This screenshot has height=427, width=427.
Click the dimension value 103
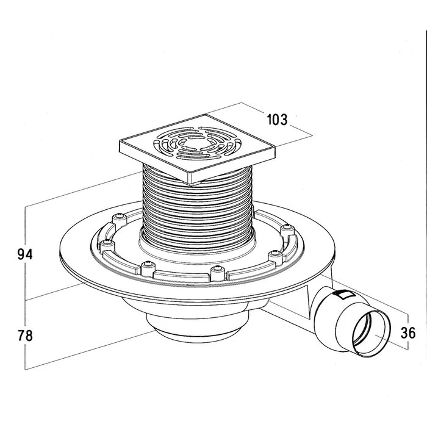click(277, 119)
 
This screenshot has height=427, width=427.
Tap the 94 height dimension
click(25, 254)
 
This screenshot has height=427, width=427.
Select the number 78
click(25, 335)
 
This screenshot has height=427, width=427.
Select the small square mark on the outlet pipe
click(342, 295)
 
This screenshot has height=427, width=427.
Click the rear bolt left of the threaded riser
click(118, 217)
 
